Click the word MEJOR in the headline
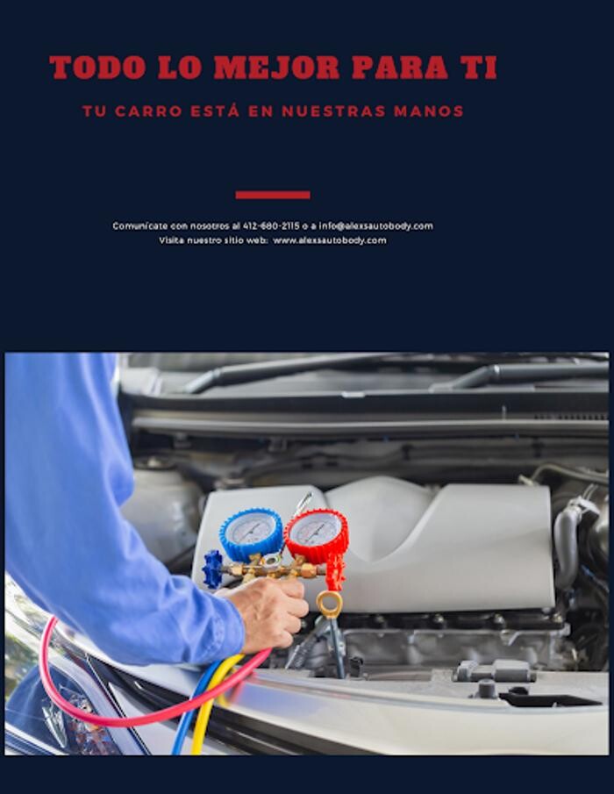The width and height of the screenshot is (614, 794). tap(276, 68)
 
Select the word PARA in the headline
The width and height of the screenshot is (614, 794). tap(400, 68)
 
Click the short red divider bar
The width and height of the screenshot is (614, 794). tap(273, 195)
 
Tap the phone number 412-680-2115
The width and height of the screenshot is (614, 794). tap(271, 225)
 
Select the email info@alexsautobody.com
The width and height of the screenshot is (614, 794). tap(375, 225)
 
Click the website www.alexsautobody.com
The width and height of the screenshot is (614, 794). tap(330, 240)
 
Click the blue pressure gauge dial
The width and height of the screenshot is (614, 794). tap(251, 534)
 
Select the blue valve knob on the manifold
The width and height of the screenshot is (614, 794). tap(212, 569)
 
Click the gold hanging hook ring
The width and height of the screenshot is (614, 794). tap(330, 604)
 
